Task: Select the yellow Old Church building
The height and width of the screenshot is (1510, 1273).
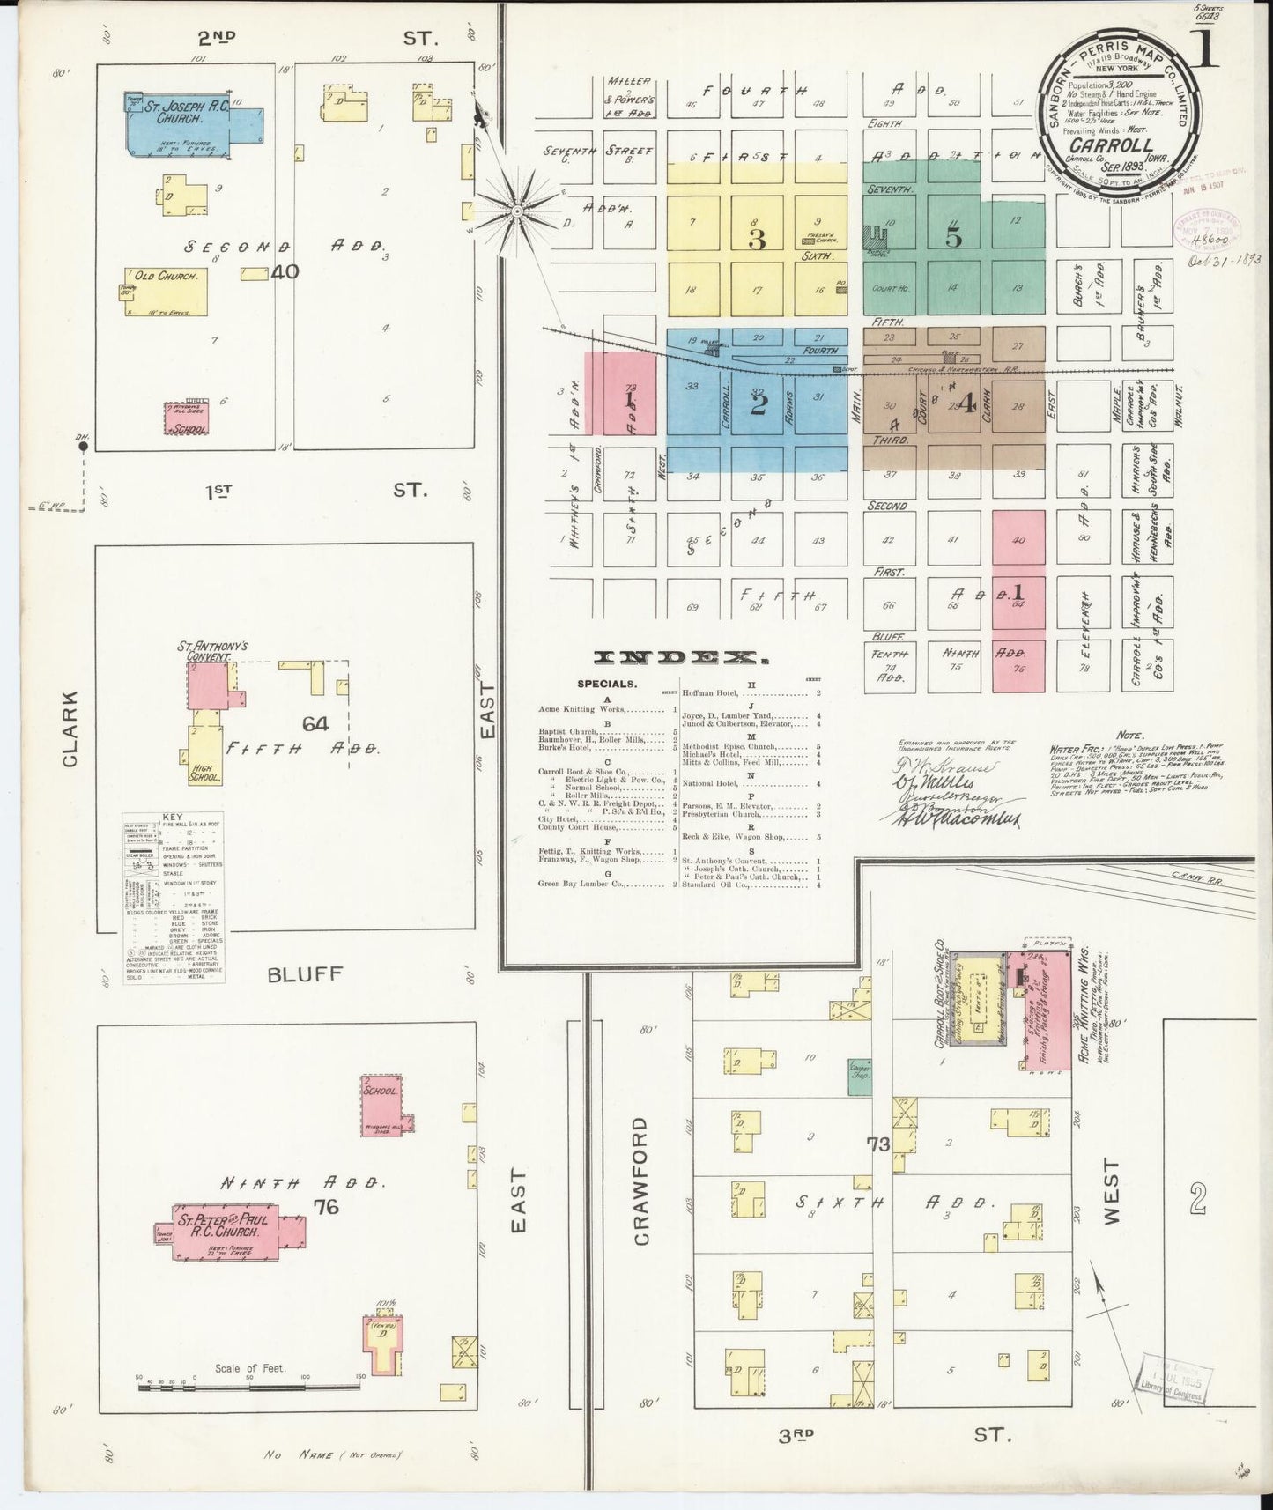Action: pos(166,291)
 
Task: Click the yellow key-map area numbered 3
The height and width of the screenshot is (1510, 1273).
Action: pos(756,240)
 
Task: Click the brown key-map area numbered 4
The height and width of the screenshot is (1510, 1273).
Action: pos(966,403)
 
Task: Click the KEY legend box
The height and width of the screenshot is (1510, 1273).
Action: pos(174,897)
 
